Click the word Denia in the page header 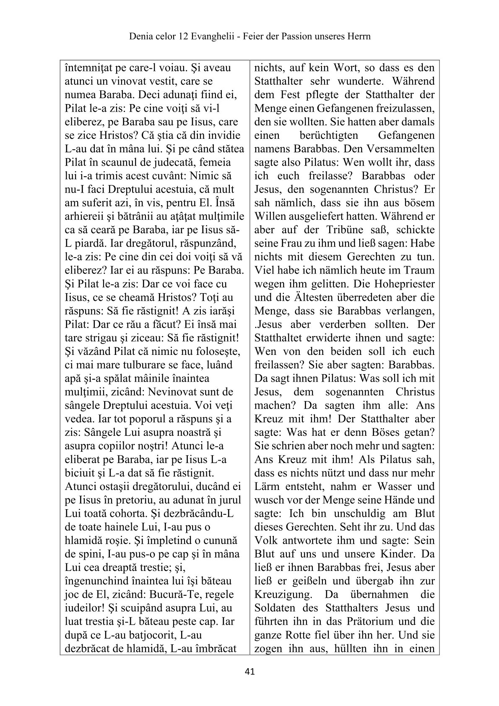[140, 36]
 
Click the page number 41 [249, 672]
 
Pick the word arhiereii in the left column [83, 216]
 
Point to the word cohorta [152, 513]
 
